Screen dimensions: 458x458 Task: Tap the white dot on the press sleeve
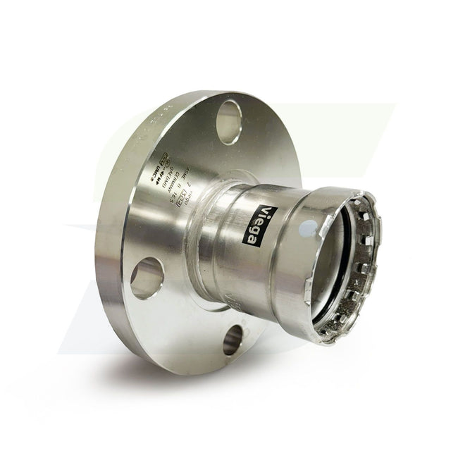(307, 228)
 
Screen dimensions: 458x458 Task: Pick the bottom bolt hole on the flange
(233, 340)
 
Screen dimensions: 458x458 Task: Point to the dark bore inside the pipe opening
(345, 261)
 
